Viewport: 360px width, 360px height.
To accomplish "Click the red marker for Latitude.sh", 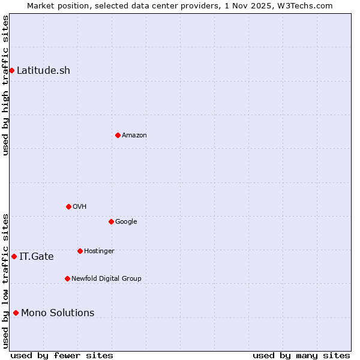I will point(11,71).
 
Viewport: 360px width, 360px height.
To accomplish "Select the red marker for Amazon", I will point(118,135).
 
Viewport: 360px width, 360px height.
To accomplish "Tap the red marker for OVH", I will point(68,206).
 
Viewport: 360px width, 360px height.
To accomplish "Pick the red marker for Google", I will point(111,221).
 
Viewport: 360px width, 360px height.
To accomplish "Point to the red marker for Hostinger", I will point(80,251).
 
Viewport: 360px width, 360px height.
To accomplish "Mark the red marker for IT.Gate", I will point(14,256).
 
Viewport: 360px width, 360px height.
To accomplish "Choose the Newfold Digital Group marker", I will point(67,278).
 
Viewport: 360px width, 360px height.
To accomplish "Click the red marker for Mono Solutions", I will point(16,313).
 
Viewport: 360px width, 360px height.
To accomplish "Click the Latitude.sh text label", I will point(43,71).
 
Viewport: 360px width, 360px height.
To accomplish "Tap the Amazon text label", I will point(134,136).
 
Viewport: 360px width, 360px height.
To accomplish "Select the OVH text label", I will point(80,207).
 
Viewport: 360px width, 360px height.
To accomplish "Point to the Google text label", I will point(126,222).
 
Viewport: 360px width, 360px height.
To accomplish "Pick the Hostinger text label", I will point(99,251).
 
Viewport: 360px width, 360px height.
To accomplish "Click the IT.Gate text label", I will point(36,257).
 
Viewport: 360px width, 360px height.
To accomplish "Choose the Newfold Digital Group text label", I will point(106,279).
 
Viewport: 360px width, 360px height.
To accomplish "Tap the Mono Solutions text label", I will point(58,313).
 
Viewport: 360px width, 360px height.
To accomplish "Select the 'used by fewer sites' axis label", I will point(62,356).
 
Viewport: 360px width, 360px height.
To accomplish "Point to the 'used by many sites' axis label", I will point(301,356).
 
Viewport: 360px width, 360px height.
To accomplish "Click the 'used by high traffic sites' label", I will point(5,85).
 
